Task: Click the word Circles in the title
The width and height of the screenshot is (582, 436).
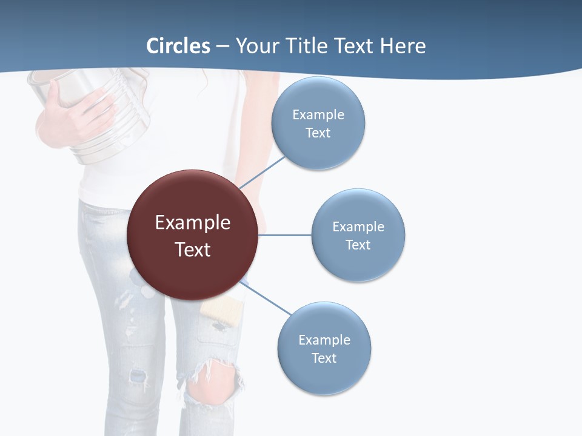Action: coord(178,46)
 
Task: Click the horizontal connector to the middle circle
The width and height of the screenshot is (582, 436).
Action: coord(285,235)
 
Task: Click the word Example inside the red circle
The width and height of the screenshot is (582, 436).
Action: coord(192,222)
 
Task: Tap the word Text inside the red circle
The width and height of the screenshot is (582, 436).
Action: coord(192,249)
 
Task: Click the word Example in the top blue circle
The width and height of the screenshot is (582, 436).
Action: coord(318,114)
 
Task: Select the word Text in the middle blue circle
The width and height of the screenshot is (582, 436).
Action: coord(358,245)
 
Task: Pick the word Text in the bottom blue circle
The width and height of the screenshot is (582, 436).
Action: coord(324,358)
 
